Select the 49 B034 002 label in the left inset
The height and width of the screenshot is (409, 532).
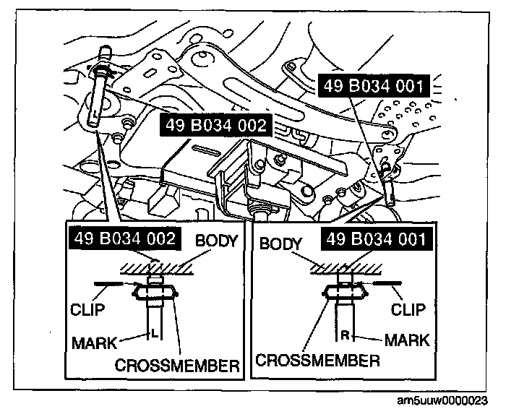122,238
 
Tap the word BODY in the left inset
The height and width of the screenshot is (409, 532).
216,241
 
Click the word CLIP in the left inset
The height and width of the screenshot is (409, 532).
87,310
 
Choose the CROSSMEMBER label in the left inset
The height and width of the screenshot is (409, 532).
177,366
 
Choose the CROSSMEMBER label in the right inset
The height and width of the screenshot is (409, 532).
317,359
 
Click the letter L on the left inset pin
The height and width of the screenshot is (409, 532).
153,333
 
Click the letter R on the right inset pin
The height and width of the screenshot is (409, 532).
346,335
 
